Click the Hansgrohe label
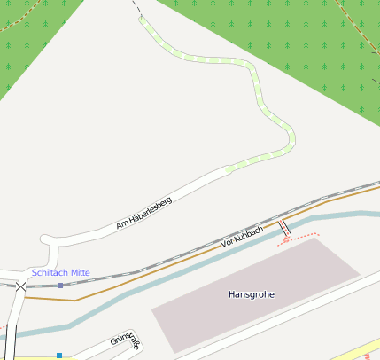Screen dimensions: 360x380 tap(252, 293)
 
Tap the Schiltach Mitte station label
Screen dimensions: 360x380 tap(60, 272)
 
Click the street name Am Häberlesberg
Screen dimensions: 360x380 tap(143, 214)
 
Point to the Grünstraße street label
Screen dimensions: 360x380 tap(126, 340)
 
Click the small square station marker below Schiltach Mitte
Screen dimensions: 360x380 tap(59, 286)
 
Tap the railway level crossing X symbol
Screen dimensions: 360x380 tap(20, 286)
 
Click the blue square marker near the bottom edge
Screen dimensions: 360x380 tap(59, 356)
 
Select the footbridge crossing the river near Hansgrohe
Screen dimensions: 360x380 tap(283, 228)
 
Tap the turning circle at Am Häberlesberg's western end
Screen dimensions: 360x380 tap(47, 239)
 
